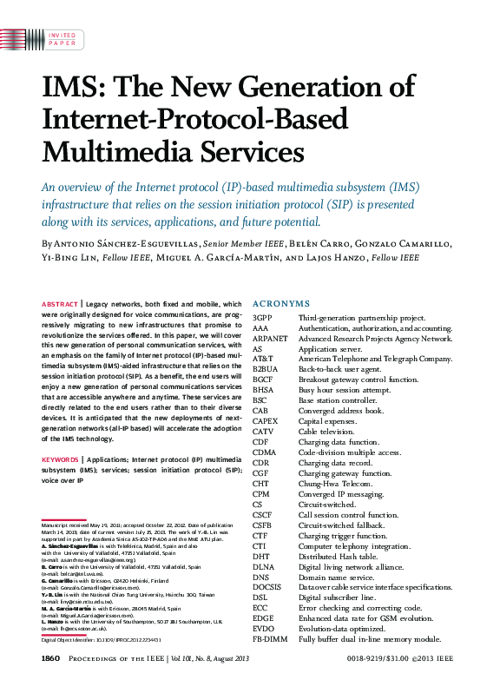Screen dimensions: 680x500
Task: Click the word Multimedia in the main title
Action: [117, 151]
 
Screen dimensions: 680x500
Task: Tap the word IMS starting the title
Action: [72, 89]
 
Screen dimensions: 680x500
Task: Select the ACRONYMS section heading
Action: [280, 304]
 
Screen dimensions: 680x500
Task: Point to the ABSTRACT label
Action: [60, 304]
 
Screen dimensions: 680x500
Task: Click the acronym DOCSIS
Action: [268, 588]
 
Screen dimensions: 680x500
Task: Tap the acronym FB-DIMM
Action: [269, 638]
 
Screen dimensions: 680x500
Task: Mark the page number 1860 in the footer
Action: [49, 661]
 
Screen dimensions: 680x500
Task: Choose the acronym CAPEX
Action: [266, 421]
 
